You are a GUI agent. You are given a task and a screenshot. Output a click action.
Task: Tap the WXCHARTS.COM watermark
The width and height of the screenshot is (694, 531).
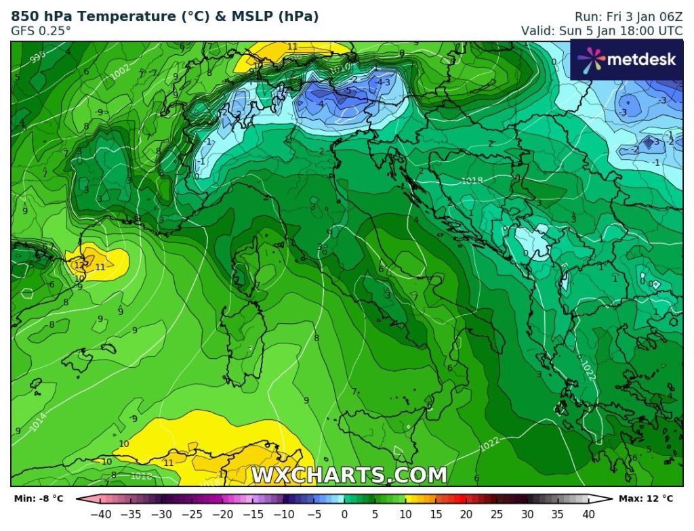click(349, 475)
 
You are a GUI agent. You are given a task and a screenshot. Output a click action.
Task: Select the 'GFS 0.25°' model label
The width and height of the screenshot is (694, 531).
click(41, 31)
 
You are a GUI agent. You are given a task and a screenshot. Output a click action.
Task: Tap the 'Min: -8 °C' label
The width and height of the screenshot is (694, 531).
click(39, 499)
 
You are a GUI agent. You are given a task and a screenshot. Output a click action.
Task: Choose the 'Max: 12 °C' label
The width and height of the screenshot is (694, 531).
click(646, 499)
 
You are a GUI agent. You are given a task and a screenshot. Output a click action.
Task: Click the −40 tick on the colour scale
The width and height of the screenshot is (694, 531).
click(101, 514)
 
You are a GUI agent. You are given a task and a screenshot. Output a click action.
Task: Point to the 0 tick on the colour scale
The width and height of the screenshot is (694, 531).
click(344, 514)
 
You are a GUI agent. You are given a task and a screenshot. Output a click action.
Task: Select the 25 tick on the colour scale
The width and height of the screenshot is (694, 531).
click(497, 514)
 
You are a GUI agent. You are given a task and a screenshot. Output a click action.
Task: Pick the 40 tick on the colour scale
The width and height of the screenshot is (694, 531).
click(588, 514)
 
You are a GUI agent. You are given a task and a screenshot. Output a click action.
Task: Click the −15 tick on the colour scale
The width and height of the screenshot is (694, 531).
click(253, 514)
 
